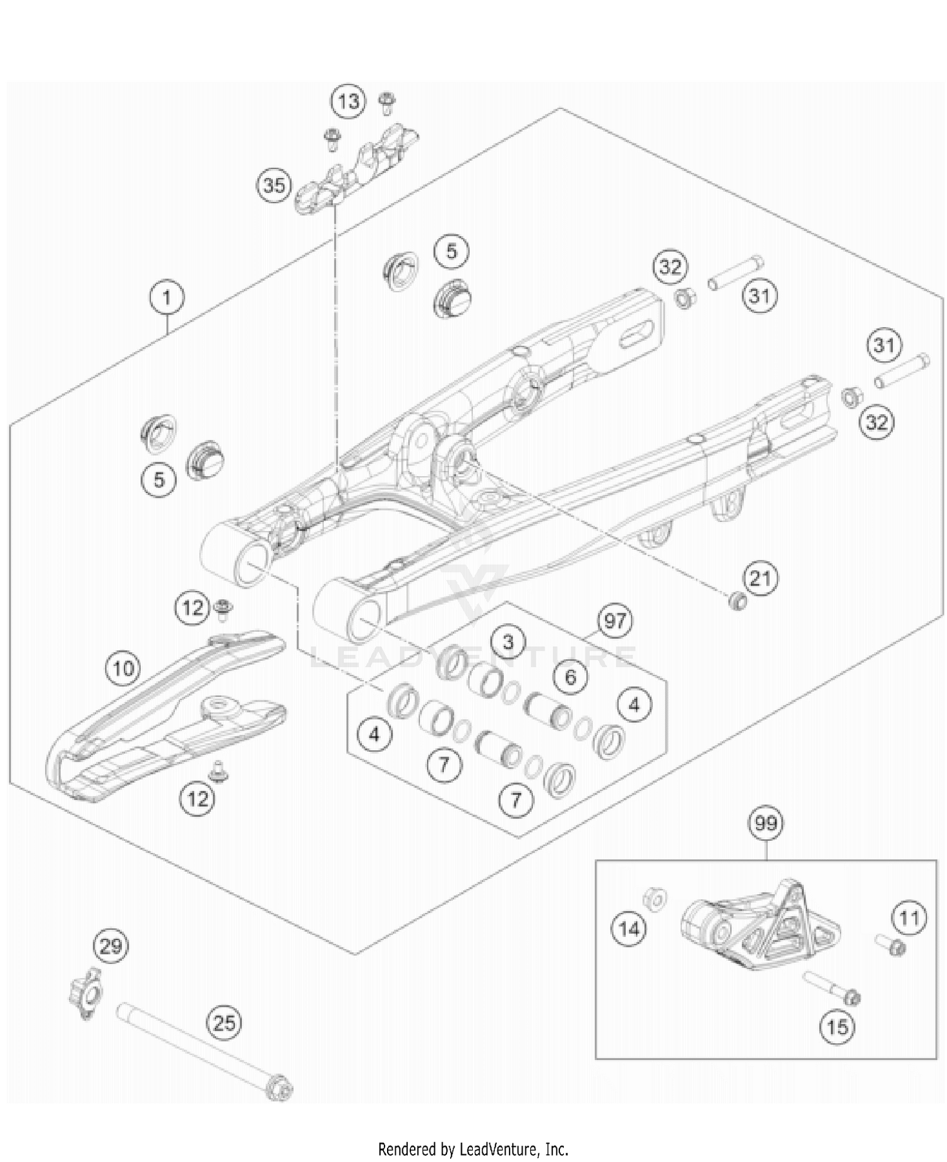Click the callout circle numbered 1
click(167, 297)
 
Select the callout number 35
click(274, 186)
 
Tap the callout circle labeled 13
click(348, 101)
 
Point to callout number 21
click(760, 578)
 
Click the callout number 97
click(615, 621)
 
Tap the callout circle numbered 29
click(111, 946)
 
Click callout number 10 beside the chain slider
click(124, 668)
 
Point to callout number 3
click(508, 642)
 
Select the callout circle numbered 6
click(571, 678)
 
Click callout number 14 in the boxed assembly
click(629, 929)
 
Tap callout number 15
click(837, 1027)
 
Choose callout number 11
click(909, 918)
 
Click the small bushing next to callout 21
click(737, 601)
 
